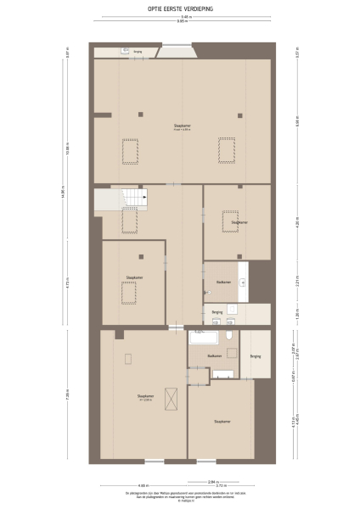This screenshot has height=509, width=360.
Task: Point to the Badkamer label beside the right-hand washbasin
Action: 223,282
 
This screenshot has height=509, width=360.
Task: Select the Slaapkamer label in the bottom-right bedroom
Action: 223,421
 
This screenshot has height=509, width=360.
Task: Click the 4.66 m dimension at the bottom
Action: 144,485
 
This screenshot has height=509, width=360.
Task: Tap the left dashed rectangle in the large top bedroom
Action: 130,151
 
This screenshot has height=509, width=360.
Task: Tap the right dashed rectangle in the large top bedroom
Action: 227,151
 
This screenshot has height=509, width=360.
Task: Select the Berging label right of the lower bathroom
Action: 255,356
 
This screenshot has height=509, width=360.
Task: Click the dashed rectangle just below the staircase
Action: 129,222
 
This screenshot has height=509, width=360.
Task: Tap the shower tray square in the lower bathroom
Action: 223,372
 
